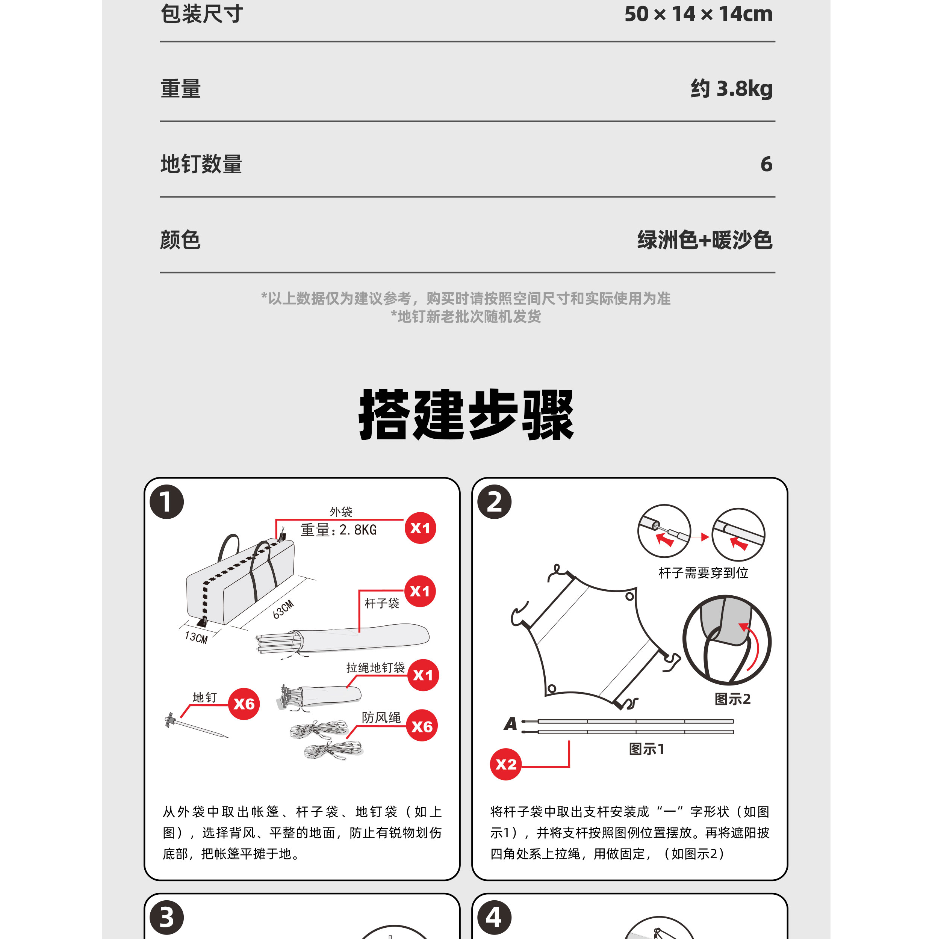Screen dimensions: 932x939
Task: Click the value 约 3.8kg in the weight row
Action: click(x=731, y=89)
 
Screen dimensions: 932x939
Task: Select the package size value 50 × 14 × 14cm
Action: click(x=699, y=14)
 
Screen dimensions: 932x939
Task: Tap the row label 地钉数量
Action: click(x=201, y=164)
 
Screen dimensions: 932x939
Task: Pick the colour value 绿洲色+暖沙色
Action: click(x=705, y=240)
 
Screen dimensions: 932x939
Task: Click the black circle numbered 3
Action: click(x=167, y=917)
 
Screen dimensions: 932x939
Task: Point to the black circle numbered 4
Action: click(x=495, y=917)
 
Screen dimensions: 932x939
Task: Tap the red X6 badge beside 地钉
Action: click(x=244, y=704)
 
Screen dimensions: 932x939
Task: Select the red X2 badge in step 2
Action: click(x=505, y=764)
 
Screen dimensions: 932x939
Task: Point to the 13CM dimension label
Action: click(x=196, y=637)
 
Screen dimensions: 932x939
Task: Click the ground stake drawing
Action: click(x=196, y=726)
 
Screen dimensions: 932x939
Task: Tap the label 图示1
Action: click(x=646, y=749)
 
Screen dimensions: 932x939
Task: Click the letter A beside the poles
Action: click(x=510, y=724)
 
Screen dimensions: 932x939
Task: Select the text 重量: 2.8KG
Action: click(x=338, y=530)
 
